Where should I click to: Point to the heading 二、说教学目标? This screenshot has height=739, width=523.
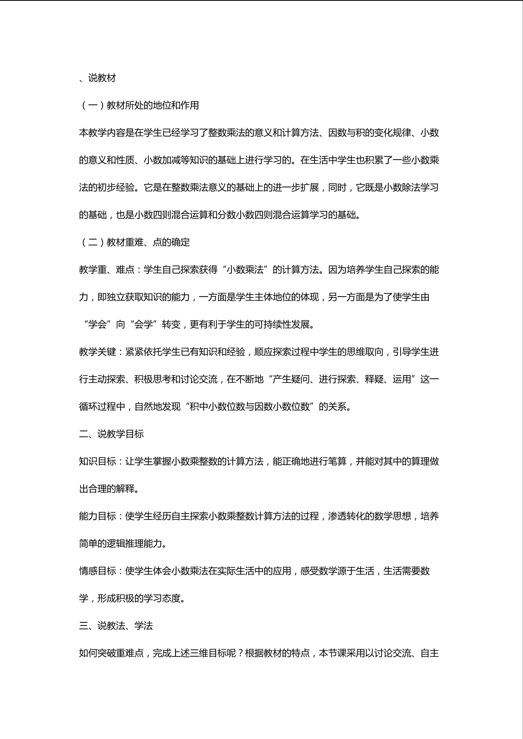[111, 434]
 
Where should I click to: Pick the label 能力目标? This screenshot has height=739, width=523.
[97, 516]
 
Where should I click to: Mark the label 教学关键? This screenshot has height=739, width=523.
[97, 352]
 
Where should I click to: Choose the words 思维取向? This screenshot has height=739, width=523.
[365, 352]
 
